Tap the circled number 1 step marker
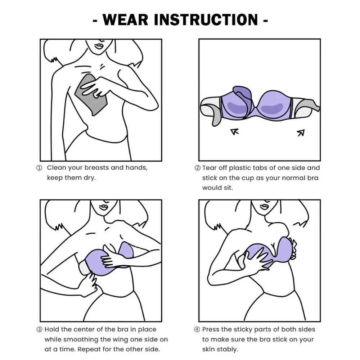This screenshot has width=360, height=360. click(x=39, y=168)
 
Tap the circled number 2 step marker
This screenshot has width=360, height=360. click(x=197, y=168)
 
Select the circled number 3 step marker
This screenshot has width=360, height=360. click(x=39, y=329)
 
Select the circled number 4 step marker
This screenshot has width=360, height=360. click(x=197, y=329)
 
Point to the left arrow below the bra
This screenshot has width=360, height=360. click(x=235, y=132)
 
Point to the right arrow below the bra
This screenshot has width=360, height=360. click(x=301, y=133)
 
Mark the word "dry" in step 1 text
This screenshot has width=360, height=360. click(x=89, y=178)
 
